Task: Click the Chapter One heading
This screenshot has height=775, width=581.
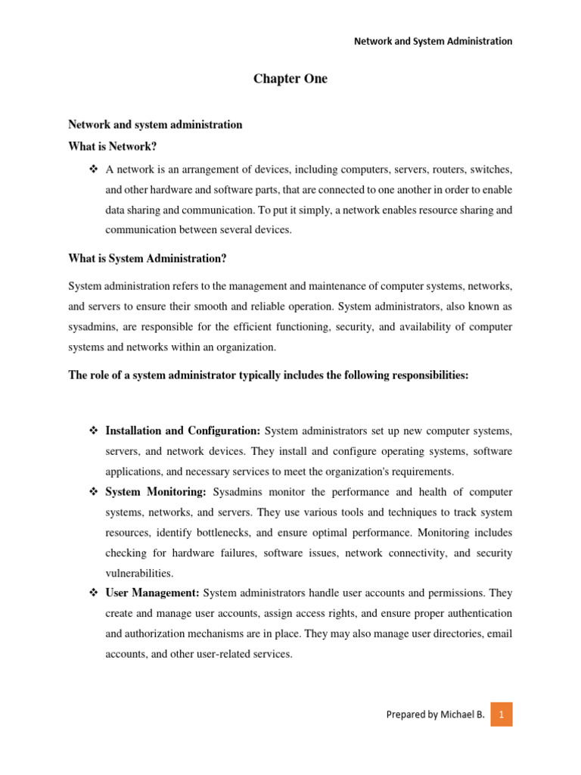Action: (290, 79)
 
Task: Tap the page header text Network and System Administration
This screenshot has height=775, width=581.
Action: (433, 41)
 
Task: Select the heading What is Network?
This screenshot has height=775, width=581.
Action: (112, 146)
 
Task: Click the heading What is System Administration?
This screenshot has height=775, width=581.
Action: (148, 259)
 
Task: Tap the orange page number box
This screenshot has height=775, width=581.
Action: (501, 714)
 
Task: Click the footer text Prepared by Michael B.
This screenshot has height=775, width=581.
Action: (435, 714)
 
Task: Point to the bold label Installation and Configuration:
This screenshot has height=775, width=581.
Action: (183, 431)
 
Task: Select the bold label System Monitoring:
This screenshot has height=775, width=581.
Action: (156, 492)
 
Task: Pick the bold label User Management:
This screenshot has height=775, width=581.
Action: (152, 593)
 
